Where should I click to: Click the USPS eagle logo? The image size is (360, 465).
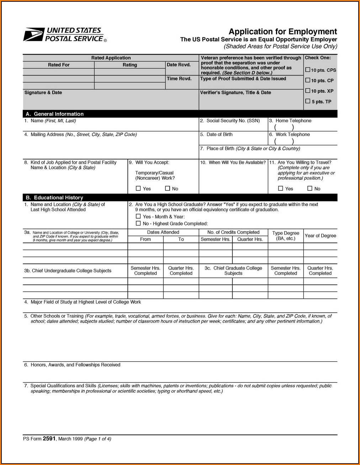[34, 35]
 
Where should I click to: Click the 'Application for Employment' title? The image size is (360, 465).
[282, 32]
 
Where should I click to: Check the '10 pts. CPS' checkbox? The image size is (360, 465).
[308, 70]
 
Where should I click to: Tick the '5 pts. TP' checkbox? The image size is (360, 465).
[308, 101]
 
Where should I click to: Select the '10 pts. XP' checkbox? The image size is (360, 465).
[308, 91]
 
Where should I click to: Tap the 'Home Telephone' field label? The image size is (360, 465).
[293, 121]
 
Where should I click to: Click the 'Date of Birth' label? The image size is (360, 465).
[219, 135]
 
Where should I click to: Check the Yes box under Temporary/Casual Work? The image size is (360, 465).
[138, 188]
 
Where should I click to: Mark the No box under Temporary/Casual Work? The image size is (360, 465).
[168, 188]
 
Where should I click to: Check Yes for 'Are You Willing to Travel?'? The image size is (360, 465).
[281, 188]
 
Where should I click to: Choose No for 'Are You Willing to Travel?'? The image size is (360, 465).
[310, 188]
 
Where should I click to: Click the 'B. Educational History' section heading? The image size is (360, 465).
[54, 198]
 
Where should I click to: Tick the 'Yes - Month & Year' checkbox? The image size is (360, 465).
[138, 216]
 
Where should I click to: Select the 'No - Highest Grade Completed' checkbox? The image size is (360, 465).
[138, 223]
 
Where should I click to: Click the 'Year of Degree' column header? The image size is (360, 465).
[320, 236]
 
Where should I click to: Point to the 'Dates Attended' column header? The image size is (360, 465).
[163, 232]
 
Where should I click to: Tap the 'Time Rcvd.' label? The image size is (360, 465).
[179, 79]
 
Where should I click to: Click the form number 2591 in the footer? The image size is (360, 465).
[49, 439]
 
